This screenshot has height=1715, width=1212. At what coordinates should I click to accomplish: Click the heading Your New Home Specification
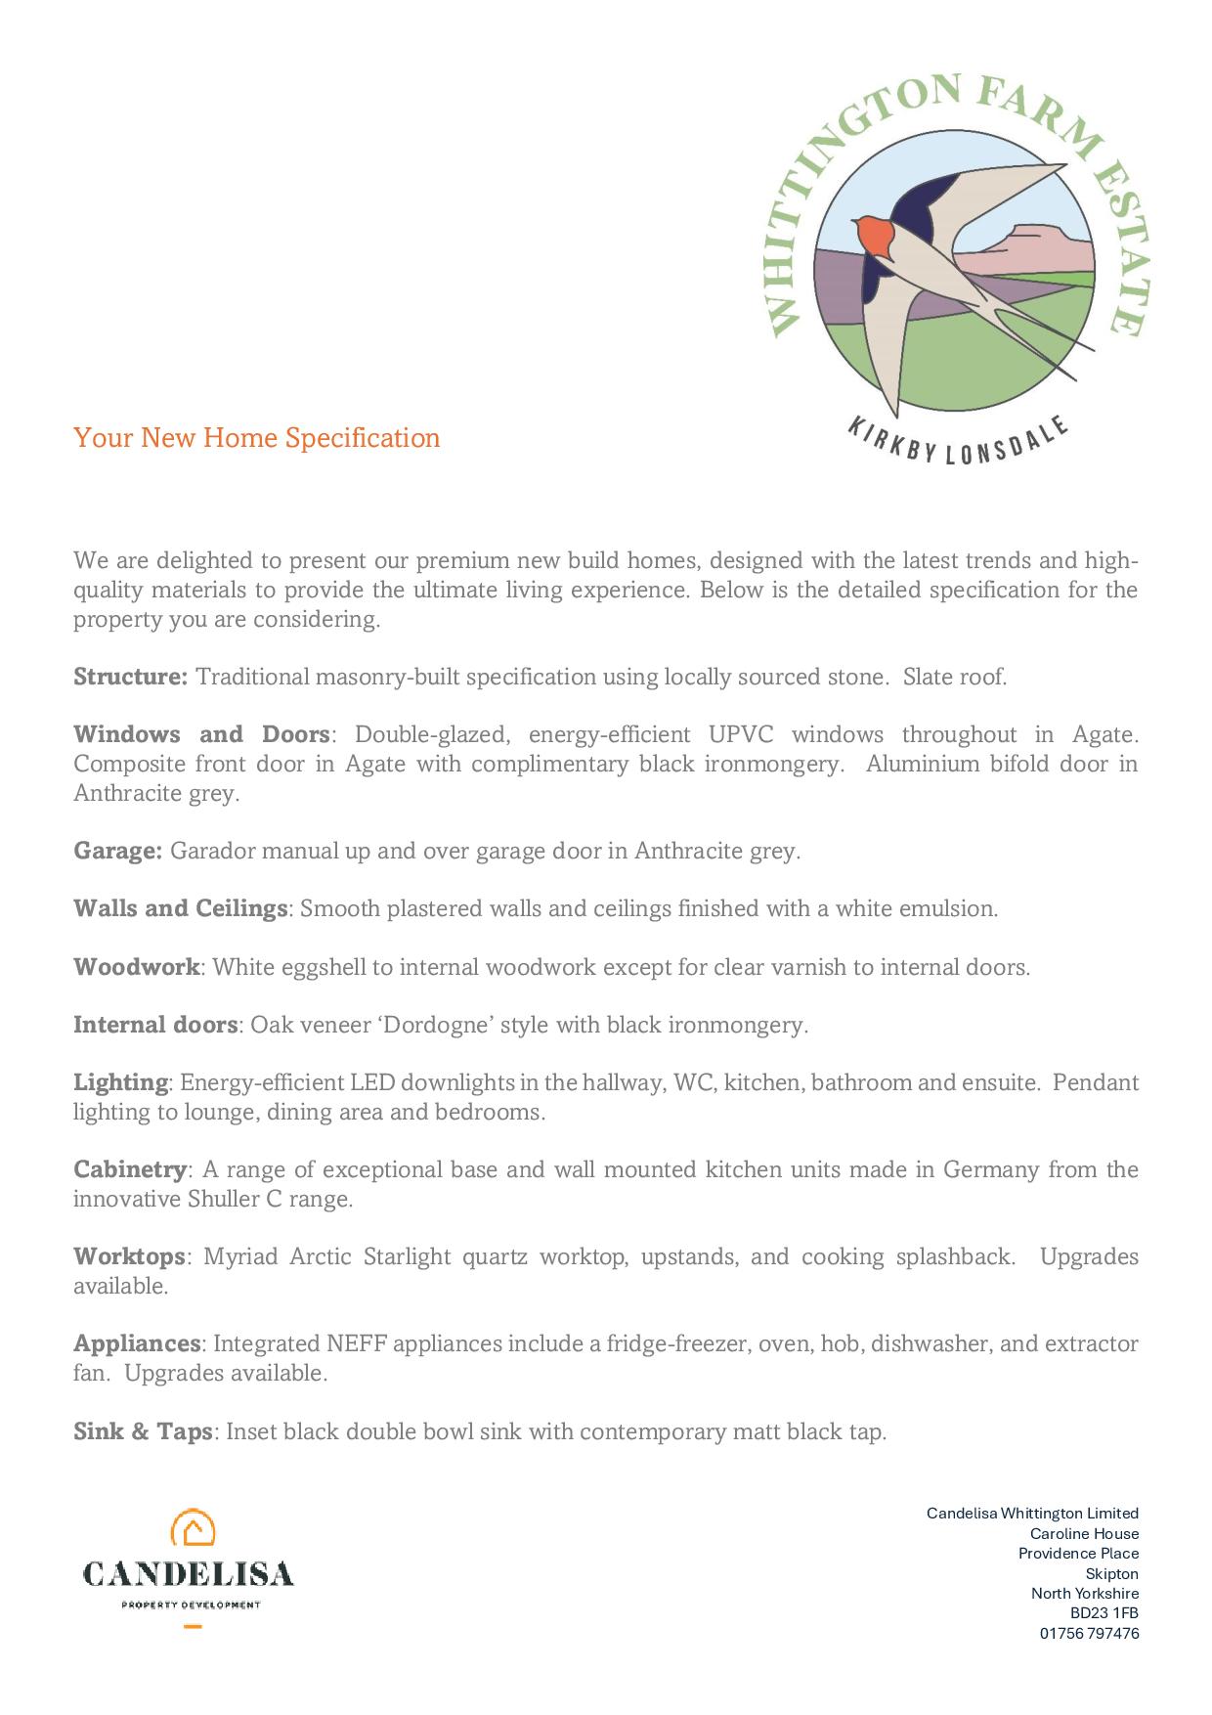tap(257, 437)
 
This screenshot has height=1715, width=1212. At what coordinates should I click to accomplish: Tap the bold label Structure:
tap(130, 677)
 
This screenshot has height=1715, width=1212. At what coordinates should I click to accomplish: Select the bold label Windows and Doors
tap(201, 734)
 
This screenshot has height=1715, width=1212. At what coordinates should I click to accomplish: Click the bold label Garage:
tap(117, 851)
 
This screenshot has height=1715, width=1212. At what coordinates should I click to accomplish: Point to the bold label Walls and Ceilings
tap(180, 908)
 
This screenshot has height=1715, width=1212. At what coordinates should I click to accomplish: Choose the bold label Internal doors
tap(155, 1025)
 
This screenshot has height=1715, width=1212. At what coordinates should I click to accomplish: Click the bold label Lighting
tap(121, 1082)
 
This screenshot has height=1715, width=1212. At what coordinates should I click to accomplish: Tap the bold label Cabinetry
tap(130, 1169)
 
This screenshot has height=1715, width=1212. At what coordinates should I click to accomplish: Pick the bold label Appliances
tap(137, 1343)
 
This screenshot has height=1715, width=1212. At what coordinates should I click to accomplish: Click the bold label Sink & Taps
tap(143, 1431)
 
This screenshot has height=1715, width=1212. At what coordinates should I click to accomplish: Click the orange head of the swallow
tap(873, 235)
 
